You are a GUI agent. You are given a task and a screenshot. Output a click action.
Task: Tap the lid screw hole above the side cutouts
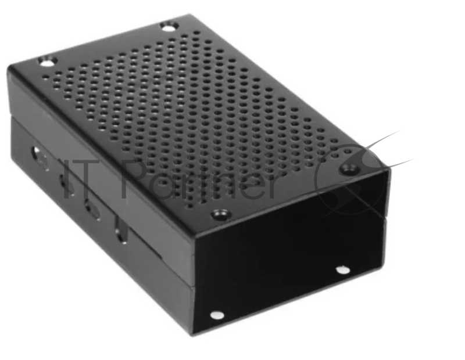pyautogui.click(x=46, y=59)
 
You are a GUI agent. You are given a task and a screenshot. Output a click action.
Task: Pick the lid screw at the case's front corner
pyautogui.click(x=219, y=214)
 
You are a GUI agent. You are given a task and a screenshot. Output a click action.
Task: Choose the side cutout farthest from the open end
pyautogui.click(x=38, y=157)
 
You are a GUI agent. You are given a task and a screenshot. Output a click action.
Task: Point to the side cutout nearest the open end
pyautogui.click(x=120, y=233)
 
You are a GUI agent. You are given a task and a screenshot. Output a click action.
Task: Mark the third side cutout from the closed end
pyautogui.click(x=91, y=207)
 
